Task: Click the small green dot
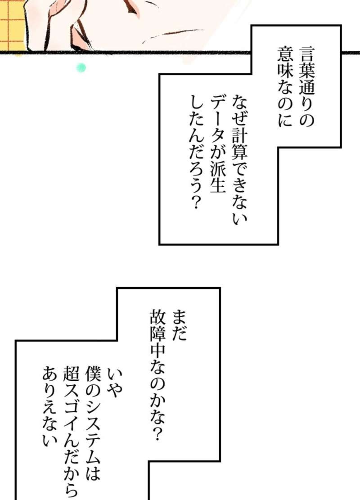point(81,68)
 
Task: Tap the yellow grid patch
point(13,25)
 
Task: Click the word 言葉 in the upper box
point(307,64)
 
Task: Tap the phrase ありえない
point(50,406)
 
